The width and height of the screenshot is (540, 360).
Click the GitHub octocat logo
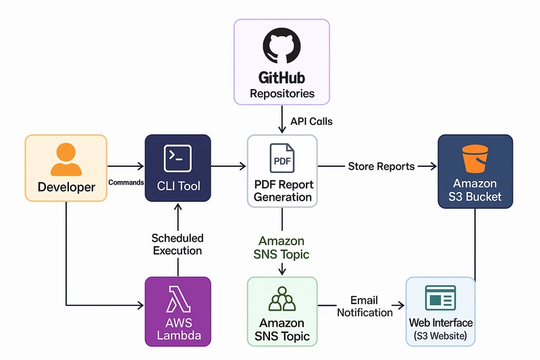click(281, 45)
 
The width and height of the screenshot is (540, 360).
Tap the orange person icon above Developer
click(66, 159)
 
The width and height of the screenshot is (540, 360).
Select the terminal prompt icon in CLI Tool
click(178, 159)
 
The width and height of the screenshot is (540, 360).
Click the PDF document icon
click(282, 158)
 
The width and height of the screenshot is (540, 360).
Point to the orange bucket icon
click(475, 159)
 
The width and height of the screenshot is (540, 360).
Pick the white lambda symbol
click(178, 299)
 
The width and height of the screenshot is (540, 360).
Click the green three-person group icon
click(282, 299)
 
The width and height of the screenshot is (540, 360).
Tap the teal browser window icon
click(441, 298)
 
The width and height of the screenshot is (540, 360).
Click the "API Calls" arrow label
click(311, 122)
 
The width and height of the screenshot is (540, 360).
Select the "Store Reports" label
click(381, 166)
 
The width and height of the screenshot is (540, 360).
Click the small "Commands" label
click(126, 182)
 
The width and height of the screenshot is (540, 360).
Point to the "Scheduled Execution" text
click(178, 245)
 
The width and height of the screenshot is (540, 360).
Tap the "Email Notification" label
click(364, 306)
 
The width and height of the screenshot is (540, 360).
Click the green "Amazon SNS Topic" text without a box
click(281, 247)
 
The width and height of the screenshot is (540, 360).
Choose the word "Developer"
click(66, 187)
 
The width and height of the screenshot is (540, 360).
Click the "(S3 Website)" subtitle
click(441, 336)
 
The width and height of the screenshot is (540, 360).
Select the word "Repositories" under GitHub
click(282, 94)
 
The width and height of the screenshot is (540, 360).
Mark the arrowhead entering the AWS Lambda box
click(141, 305)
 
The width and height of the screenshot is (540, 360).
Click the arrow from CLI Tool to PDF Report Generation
click(229, 166)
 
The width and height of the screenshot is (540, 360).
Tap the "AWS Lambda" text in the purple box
click(178, 329)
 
